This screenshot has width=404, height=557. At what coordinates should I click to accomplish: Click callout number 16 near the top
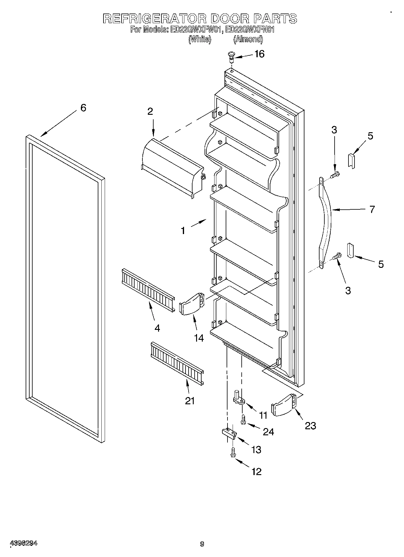pos(259,54)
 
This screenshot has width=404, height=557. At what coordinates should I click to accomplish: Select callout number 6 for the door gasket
pos(83,108)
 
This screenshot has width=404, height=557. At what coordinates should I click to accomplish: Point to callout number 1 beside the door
pos(183,231)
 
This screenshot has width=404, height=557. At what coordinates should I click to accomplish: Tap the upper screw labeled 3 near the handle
pos(335,174)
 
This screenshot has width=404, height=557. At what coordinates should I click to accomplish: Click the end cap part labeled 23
pos(284,405)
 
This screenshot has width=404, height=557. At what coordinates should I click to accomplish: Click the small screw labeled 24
pos(243,420)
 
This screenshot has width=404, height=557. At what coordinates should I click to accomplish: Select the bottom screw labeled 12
pos(233,452)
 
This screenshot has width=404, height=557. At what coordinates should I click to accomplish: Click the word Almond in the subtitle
pos(248,39)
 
